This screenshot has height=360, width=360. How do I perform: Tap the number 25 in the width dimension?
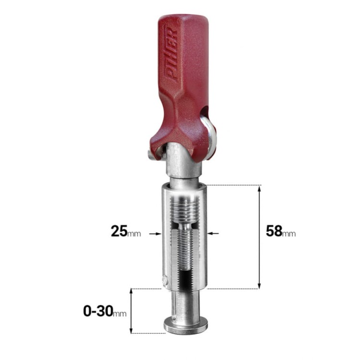click(x=119, y=231)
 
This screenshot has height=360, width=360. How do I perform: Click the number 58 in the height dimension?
click(x=274, y=231)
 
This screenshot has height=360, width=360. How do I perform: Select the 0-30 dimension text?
click(x=98, y=312)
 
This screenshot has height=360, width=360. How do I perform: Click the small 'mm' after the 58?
click(x=289, y=234)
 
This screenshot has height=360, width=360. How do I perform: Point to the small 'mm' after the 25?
click(x=134, y=234)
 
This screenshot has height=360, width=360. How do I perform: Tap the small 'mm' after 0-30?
click(x=120, y=314)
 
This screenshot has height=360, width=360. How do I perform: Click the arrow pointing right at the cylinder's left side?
click(x=155, y=234)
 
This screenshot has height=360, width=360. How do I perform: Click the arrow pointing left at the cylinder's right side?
click(x=213, y=233)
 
